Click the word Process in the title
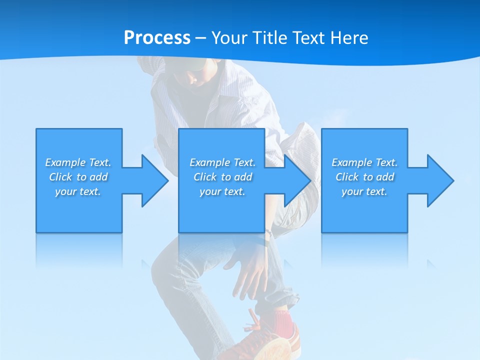[157, 38]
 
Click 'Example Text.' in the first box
[78, 162]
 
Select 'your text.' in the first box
[78, 191]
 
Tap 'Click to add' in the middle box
[222, 177]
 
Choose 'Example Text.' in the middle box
[222, 162]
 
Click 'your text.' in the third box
[364, 191]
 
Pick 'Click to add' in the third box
[364, 177]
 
